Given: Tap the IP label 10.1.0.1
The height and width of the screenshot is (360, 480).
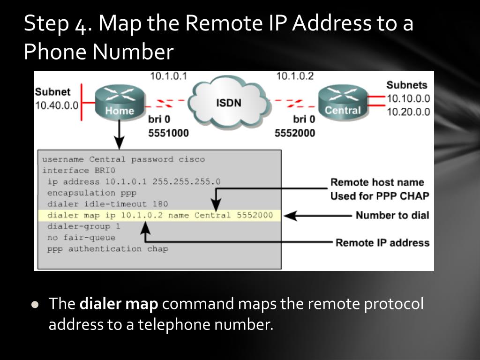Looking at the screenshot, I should [x=169, y=76].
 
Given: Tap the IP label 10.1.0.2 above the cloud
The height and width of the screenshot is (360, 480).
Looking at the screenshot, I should [x=295, y=76].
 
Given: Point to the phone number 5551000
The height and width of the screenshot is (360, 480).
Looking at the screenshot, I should [x=169, y=133].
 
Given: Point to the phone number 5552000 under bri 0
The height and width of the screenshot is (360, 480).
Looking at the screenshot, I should [x=295, y=133].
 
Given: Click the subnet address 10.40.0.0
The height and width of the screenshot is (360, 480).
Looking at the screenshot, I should [x=57, y=105].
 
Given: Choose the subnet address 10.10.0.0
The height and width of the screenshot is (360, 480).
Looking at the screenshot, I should [x=408, y=99].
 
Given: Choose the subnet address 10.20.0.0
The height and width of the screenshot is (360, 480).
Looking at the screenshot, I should [x=408, y=112].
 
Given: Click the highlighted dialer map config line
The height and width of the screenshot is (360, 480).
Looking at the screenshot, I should [x=159, y=216].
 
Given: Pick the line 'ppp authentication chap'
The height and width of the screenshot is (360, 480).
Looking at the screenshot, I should [x=107, y=249].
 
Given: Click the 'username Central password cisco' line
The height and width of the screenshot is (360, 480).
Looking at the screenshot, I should [x=124, y=159].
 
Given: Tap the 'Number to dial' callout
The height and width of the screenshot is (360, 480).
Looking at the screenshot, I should [x=392, y=216].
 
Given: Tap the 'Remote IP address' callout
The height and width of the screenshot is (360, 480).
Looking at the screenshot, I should [x=382, y=243].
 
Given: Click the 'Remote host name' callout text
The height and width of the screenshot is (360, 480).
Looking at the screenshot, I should [x=377, y=182].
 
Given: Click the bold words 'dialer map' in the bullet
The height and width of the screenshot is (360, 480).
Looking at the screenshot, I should [x=119, y=304].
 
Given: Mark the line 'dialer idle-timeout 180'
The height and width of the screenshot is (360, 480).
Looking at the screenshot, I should [x=107, y=204].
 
